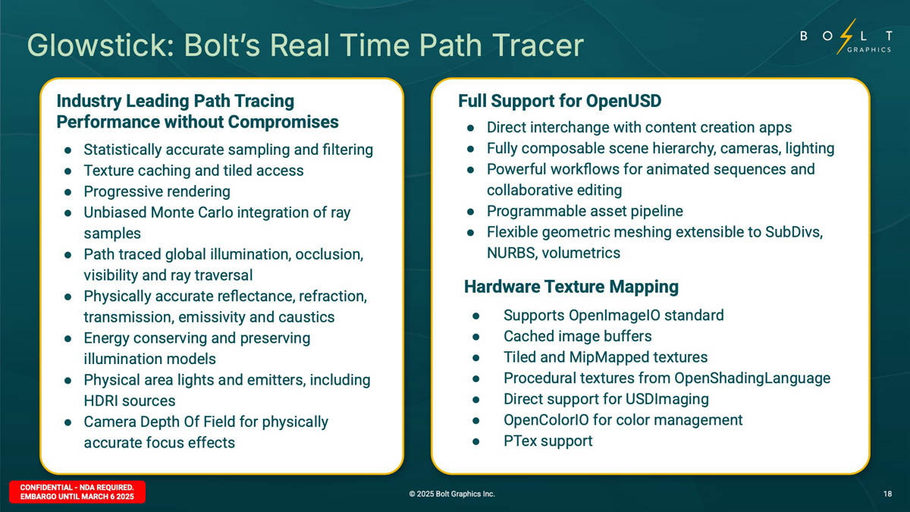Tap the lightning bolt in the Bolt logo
click(846, 36)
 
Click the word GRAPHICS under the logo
click(869, 49)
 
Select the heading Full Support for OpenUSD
click(560, 101)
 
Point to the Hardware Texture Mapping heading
click(571, 287)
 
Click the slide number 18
click(887, 494)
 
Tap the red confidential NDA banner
click(77, 492)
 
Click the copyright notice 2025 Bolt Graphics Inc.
click(452, 494)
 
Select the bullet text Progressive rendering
click(157, 191)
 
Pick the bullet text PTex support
click(548, 441)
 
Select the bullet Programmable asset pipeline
click(585, 211)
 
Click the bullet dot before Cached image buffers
click(476, 337)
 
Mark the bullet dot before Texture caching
click(67, 171)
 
